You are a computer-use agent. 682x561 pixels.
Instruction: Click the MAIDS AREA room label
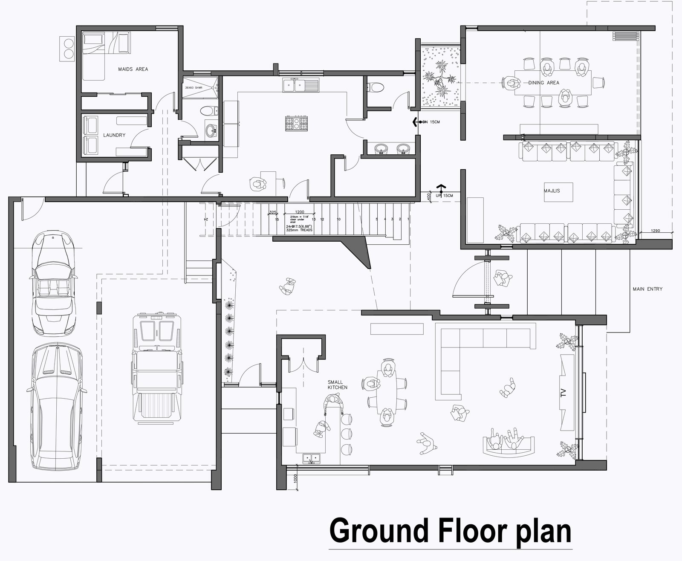(133, 69)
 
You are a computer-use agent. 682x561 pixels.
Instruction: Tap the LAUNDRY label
(114, 135)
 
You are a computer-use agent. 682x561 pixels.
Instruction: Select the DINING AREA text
(543, 83)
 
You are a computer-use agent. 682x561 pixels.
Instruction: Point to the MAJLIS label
(552, 191)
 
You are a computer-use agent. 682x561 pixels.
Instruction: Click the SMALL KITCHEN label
(337, 385)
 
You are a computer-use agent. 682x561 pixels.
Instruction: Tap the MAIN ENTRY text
(647, 289)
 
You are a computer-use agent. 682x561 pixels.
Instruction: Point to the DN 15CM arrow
(416, 122)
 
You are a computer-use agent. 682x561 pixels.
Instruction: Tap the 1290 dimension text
(656, 231)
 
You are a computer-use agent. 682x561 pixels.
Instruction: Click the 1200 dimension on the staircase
(300, 212)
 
